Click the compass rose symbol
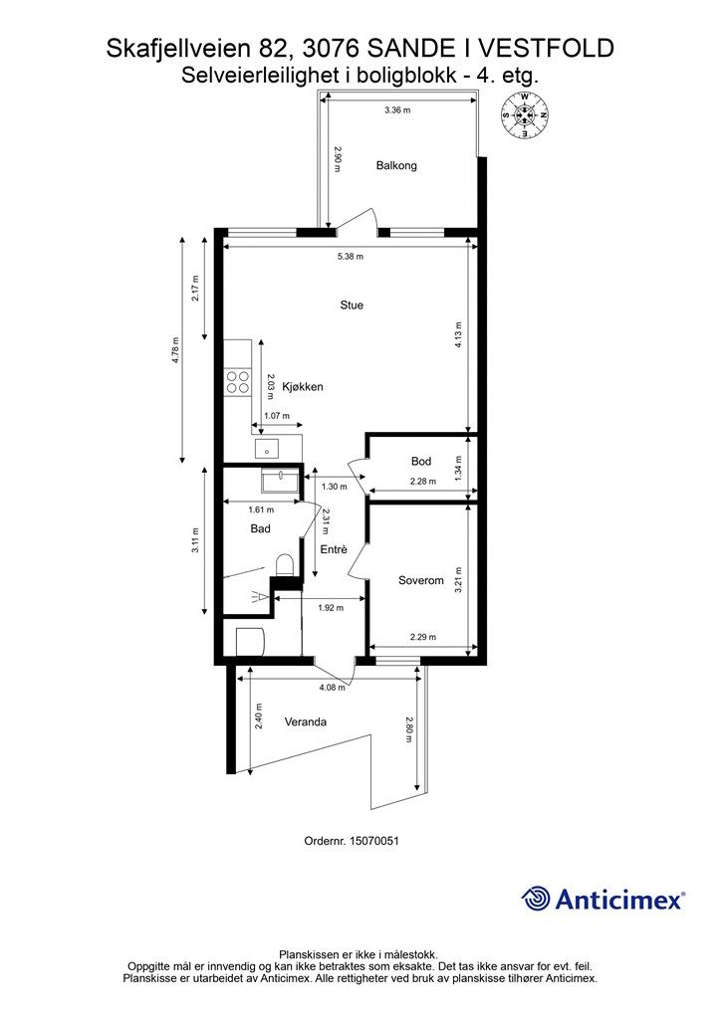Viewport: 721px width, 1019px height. [524, 115]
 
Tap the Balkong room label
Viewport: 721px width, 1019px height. [396, 165]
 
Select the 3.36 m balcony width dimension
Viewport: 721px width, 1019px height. [397, 109]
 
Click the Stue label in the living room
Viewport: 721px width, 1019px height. [352, 305]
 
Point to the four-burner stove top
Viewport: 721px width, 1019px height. [237, 381]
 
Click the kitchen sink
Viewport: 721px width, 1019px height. [266, 448]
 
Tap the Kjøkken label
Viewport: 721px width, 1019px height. [303, 387]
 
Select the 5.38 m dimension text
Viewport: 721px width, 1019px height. [351, 256]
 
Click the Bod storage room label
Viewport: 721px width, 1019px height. [421, 461]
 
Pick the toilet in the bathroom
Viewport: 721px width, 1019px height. [285, 565]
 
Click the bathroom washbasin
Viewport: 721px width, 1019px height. [280, 483]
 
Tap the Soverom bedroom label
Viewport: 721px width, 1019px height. [421, 580]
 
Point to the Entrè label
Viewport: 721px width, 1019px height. [335, 549]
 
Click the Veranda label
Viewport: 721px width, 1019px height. [306, 721]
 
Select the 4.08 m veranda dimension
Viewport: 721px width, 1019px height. [333, 687]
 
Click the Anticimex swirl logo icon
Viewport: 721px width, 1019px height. [536, 899]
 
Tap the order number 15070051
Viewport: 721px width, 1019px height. [373, 840]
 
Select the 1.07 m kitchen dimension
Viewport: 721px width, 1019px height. [277, 416]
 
